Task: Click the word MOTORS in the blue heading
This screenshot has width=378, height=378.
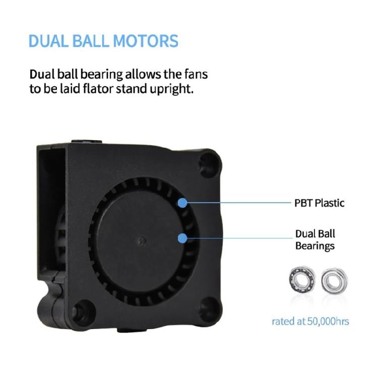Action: click(x=146, y=41)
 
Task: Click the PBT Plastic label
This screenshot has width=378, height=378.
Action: click(x=319, y=203)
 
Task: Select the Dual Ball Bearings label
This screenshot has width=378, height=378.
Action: click(x=315, y=240)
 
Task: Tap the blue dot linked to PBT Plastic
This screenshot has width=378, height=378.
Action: click(x=182, y=203)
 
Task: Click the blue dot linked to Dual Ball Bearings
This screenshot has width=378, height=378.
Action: click(x=182, y=238)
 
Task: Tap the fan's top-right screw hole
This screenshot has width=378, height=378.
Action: click(x=209, y=163)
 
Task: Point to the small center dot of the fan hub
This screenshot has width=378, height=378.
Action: click(x=142, y=240)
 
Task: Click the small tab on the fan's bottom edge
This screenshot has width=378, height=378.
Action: click(x=132, y=330)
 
